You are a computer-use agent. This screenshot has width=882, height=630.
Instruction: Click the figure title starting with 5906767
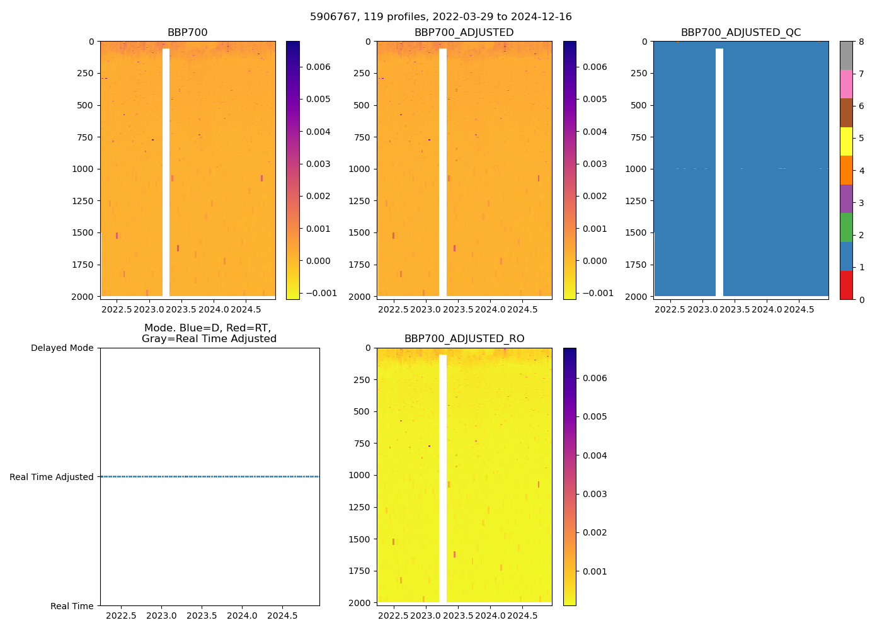tap(440, 17)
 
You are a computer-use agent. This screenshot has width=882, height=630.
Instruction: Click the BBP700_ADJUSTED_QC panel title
tap(740, 33)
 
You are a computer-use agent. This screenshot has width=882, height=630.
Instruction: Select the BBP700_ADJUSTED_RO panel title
tap(464, 339)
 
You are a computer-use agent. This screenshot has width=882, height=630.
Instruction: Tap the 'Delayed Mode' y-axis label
tap(62, 348)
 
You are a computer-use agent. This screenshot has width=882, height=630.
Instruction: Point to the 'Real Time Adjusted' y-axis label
tap(52, 478)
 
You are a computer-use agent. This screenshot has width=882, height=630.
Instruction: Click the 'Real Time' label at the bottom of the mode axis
tap(72, 606)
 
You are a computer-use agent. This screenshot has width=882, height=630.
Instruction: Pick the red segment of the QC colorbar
tap(845, 285)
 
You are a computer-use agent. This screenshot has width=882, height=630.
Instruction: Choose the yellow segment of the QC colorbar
tap(845, 141)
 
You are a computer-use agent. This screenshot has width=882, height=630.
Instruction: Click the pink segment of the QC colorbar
tap(845, 84)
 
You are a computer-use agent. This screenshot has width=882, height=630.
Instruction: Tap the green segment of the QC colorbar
tap(845, 227)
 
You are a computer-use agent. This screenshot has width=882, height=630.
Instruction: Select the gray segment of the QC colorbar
tap(845, 55)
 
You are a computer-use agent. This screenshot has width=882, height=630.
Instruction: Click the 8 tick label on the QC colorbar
tap(861, 42)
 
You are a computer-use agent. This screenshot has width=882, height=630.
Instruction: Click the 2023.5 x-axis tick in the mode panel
tap(202, 616)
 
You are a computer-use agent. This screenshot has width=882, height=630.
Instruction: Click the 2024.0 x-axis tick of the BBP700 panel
tap(213, 309)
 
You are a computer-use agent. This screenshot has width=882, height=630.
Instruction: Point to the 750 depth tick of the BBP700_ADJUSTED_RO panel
tap(362, 444)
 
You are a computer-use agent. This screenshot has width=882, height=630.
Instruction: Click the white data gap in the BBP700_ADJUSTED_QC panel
tap(719, 170)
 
